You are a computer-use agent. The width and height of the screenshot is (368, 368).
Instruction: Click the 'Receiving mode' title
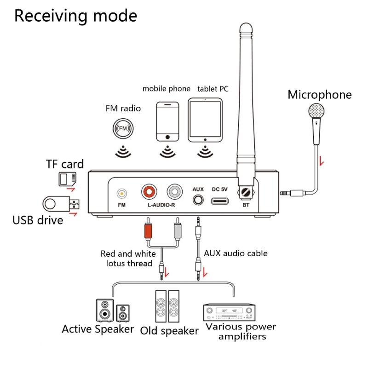(76, 16)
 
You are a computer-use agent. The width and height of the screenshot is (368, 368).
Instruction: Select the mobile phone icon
(167, 121)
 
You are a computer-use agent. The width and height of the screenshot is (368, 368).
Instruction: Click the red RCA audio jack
(150, 190)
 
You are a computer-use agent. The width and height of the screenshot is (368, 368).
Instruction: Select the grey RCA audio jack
(175, 190)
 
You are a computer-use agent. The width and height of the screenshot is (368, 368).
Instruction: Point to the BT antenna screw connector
(246, 193)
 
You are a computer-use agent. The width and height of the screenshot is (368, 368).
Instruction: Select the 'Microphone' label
(320, 95)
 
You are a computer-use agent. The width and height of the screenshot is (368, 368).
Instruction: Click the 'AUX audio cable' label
(236, 253)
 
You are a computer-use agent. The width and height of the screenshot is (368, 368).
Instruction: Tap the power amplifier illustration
(229, 312)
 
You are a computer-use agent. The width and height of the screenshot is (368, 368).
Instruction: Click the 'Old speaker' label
(169, 331)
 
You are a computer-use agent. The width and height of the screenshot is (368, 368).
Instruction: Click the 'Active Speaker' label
(98, 329)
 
